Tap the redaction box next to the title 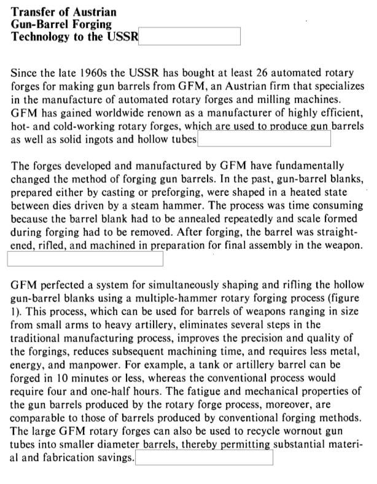pyautogui.click(x=190, y=36)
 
